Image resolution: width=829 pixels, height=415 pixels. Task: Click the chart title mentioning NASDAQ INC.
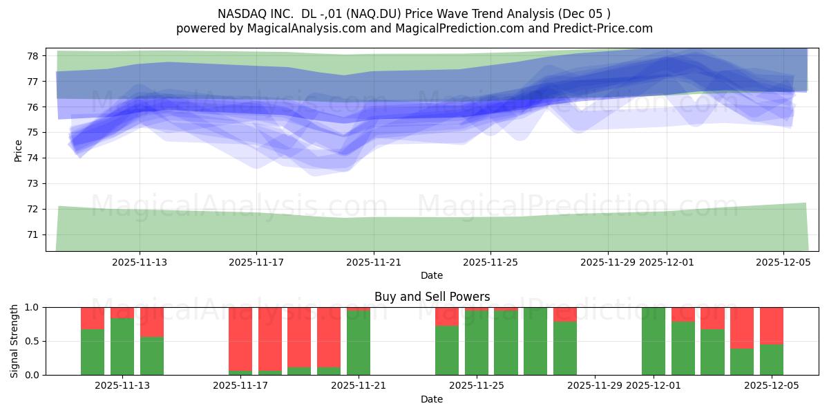point(414,14)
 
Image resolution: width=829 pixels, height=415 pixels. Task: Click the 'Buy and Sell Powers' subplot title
point(432,297)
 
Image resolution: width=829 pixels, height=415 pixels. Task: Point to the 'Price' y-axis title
point(18,150)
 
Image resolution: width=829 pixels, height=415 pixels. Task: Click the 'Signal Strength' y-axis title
point(15,340)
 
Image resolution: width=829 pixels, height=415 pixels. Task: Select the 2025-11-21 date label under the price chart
point(373,262)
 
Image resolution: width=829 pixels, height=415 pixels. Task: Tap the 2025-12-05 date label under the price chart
point(783,262)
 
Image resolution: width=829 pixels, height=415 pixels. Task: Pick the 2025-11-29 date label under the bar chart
point(595,385)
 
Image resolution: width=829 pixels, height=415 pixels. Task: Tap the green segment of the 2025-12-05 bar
point(772,360)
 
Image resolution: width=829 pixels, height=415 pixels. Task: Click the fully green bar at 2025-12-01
point(654,341)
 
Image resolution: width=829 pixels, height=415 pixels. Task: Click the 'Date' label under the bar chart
point(432,399)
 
